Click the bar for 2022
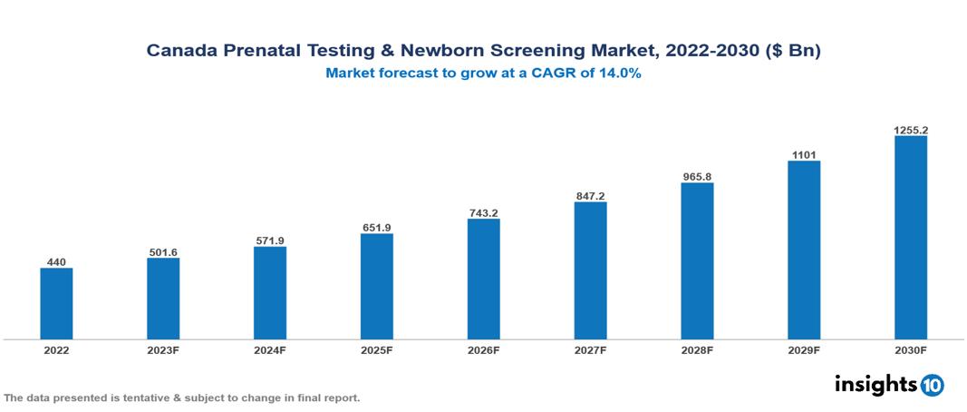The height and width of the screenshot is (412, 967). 56,303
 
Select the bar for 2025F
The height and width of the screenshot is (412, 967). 376,286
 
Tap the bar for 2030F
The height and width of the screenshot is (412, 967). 910,237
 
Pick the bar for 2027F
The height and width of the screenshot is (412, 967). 590,270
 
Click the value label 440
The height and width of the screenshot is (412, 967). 56,261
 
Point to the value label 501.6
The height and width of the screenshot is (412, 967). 163,252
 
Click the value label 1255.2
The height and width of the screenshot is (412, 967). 910,130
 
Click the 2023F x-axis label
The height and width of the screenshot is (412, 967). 163,349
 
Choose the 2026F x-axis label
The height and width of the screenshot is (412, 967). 483,349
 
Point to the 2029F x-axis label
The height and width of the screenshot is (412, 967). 804,349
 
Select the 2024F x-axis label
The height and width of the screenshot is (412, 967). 270,349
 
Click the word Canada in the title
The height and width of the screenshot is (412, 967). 179,52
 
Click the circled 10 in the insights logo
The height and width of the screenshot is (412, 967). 932,385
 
